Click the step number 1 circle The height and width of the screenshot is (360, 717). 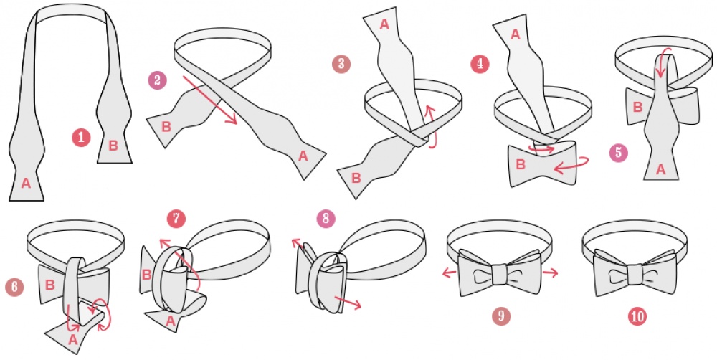click(x=81, y=138)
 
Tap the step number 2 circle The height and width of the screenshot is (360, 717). click(x=157, y=80)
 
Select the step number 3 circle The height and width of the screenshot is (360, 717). click(x=341, y=64)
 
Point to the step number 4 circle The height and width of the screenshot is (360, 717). click(x=480, y=64)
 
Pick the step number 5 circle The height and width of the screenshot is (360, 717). click(x=619, y=152)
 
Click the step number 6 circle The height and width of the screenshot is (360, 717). click(x=14, y=287)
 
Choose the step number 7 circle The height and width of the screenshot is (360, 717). click(x=176, y=218)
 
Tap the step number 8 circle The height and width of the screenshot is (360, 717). click(x=326, y=218)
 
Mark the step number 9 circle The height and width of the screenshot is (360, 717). click(x=501, y=316)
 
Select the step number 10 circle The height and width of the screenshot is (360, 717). click(x=637, y=316)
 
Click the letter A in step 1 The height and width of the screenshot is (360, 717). click(x=26, y=184)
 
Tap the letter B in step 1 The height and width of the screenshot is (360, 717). click(x=113, y=146)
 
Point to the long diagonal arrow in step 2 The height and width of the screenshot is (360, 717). click(x=210, y=100)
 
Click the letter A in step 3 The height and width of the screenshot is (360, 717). click(x=384, y=24)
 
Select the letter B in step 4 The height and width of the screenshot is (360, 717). click(x=521, y=164)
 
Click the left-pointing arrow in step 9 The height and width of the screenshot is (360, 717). click(x=450, y=273)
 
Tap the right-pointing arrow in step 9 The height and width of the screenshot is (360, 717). click(x=550, y=273)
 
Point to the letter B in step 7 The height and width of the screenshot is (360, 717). click(x=146, y=275)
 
